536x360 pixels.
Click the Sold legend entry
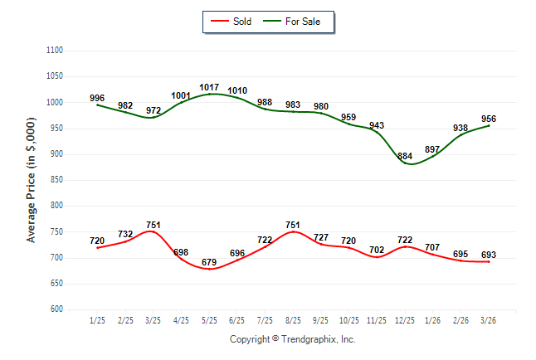point(231,22)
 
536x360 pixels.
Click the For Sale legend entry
point(292,22)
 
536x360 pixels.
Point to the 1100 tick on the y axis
point(55,51)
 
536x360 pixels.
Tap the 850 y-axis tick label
point(56,179)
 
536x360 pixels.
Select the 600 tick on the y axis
point(56,309)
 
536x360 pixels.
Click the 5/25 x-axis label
point(209,320)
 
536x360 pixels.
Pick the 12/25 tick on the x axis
point(405,320)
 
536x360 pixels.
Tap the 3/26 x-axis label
point(488,320)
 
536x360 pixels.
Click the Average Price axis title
point(31,180)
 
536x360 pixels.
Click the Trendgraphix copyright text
point(293,339)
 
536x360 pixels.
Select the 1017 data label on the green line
point(209,88)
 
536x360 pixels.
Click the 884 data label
point(405,156)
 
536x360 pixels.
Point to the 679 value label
point(209,262)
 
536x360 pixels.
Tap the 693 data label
point(489,255)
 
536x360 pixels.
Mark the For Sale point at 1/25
point(97,105)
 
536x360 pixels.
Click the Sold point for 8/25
point(293,231)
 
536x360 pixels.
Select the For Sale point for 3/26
point(489,126)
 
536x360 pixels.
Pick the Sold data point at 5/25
point(209,269)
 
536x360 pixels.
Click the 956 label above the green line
point(489,119)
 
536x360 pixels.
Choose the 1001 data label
point(181,95)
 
